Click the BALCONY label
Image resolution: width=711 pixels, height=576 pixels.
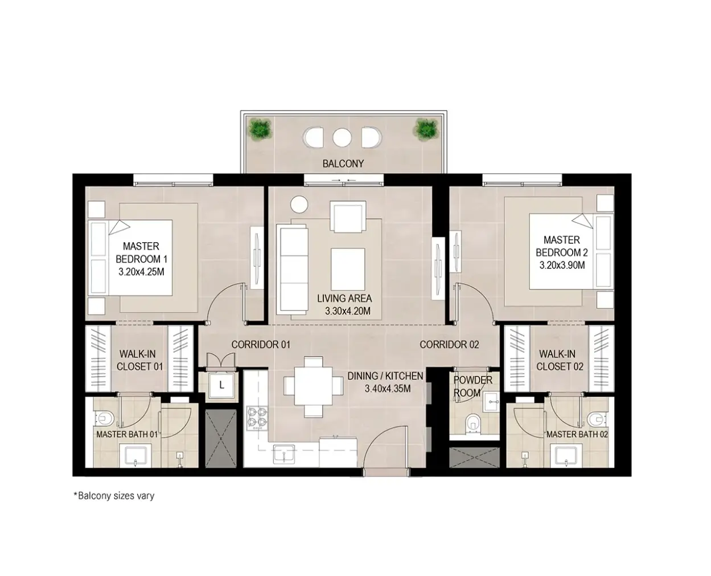(343, 164)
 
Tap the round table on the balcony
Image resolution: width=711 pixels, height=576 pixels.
(342, 137)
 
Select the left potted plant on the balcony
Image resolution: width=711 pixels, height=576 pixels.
(260, 130)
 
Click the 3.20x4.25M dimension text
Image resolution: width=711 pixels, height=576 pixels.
(141, 272)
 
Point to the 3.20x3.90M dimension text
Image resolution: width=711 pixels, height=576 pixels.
(562, 265)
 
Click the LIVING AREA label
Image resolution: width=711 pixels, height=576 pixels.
(344, 298)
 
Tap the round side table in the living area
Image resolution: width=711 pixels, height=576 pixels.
(299, 205)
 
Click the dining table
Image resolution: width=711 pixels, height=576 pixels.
(314, 386)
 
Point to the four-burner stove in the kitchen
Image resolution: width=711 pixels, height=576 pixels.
(257, 418)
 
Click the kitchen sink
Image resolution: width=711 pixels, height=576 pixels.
(283, 454)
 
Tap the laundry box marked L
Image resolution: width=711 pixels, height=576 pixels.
(221, 385)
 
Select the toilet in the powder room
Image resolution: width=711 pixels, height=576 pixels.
(472, 422)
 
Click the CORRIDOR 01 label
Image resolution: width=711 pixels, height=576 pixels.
(261, 345)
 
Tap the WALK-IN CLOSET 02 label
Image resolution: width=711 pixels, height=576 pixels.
(560, 360)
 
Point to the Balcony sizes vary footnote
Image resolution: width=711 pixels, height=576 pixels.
(114, 496)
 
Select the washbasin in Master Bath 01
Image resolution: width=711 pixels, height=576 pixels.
(135, 456)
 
